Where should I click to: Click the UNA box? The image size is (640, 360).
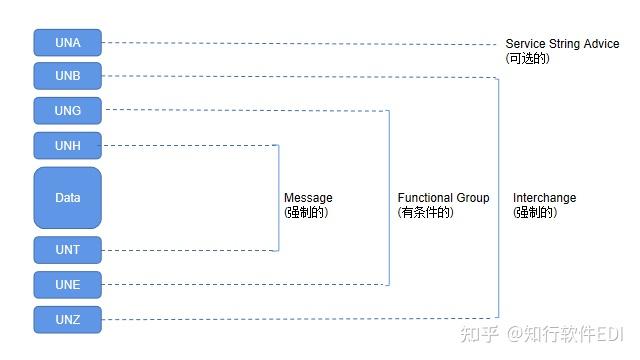coord(68,42)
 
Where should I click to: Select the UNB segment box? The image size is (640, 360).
coord(68,76)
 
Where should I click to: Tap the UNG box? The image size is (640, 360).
coord(68,110)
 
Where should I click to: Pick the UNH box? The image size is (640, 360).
coord(68,146)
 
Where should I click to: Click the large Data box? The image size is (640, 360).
coord(68,198)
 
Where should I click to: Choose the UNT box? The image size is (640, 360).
coord(68,250)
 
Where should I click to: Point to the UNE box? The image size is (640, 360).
coord(68,285)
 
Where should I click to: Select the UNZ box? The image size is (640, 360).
coord(68,320)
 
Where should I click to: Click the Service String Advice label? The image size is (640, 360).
coord(562,44)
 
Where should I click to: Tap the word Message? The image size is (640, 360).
coord(308,198)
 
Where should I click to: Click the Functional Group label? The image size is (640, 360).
coord(443,198)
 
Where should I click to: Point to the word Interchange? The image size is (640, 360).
coord(544,198)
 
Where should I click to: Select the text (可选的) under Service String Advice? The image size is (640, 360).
coord(528,59)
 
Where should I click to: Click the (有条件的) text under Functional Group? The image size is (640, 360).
coord(426,213)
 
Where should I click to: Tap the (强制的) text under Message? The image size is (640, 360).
coord(306,213)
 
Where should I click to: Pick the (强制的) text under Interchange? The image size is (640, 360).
coord(534,213)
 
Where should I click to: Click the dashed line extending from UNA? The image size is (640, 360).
coord(300,43)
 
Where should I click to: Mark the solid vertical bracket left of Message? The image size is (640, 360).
coord(278,198)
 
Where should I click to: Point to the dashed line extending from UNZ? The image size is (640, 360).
coord(300,320)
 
